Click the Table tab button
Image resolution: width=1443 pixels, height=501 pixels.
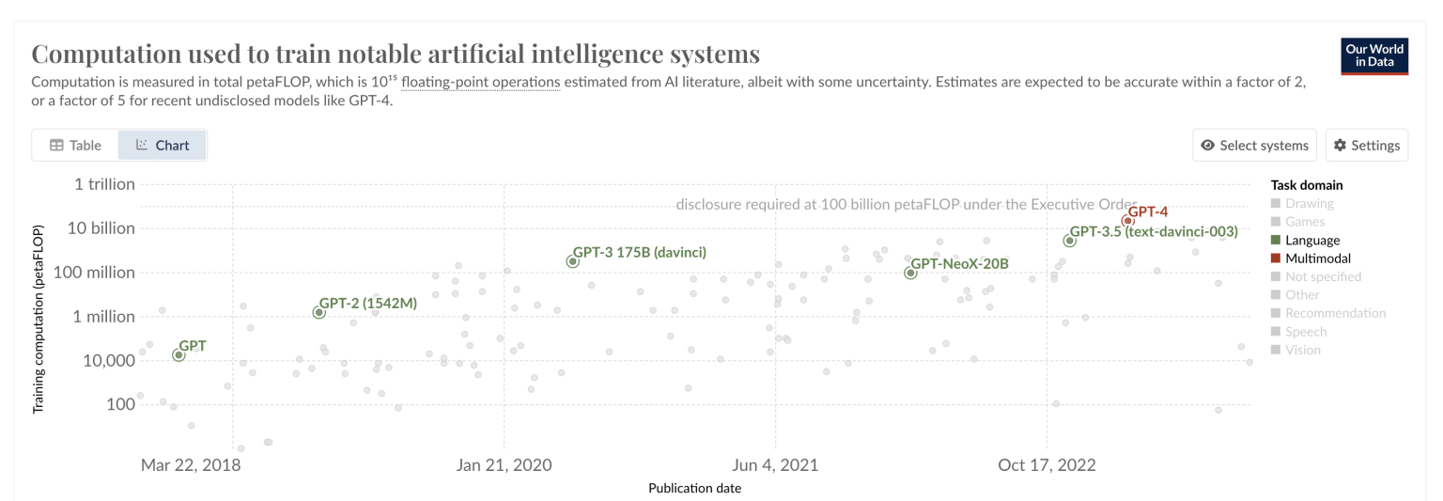pos(75,145)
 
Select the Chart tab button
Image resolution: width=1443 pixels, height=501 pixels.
pos(163,145)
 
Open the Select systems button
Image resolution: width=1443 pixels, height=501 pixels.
pos(1254,145)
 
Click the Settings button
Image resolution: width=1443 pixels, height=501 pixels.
pos(1367,145)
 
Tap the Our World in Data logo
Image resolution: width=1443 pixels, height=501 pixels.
pos(1374,55)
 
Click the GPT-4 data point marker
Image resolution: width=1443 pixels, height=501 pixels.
pos(1127,221)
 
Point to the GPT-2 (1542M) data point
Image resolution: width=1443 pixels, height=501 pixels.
pos(318,312)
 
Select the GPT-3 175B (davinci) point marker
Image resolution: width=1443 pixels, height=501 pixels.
pos(572,261)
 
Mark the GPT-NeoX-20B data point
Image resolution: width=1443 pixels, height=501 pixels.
pos(910,273)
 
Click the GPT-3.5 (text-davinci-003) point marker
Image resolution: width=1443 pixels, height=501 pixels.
pos(1069,241)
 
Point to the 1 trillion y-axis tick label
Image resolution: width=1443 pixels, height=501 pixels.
pos(104,184)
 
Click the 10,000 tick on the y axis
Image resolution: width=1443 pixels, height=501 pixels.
pos(108,360)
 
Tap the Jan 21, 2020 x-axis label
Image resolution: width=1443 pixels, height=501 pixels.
pos(504,464)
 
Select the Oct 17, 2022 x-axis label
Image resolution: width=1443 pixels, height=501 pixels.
pos(1047,464)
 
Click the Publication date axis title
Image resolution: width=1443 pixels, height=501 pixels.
pos(694,488)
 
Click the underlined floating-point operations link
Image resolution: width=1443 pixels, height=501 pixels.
pos(480,82)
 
